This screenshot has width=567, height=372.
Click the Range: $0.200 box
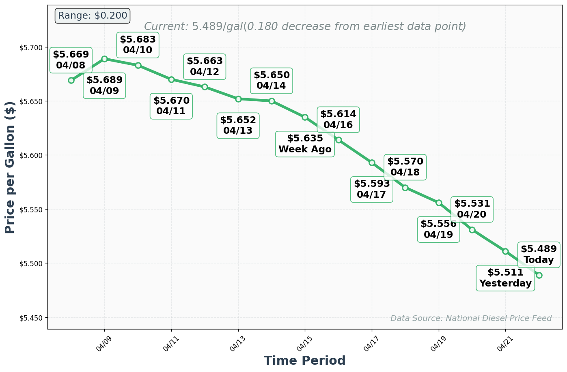click(93, 16)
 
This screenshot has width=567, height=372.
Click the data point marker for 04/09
click(104, 59)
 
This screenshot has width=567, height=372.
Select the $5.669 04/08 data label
click(71, 60)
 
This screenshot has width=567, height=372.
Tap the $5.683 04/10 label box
click(138, 45)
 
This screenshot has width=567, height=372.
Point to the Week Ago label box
click(305, 144)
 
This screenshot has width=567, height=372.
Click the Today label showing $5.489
click(539, 254)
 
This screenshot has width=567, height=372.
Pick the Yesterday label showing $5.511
click(505, 278)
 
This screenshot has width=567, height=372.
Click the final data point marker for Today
click(539, 275)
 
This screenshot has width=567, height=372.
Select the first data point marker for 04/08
click(71, 80)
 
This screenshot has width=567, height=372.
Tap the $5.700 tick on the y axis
click(31, 48)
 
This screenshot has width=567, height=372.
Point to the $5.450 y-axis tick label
click(31, 318)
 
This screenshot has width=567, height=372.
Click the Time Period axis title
click(304, 361)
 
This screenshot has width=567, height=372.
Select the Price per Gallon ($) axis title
click(10, 167)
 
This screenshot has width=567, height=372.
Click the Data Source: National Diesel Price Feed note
click(471, 318)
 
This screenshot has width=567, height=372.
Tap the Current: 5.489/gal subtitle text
click(305, 27)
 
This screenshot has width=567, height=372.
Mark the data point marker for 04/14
click(272, 101)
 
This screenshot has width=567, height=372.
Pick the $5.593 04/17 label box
click(372, 189)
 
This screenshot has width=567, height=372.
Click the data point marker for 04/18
click(405, 188)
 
